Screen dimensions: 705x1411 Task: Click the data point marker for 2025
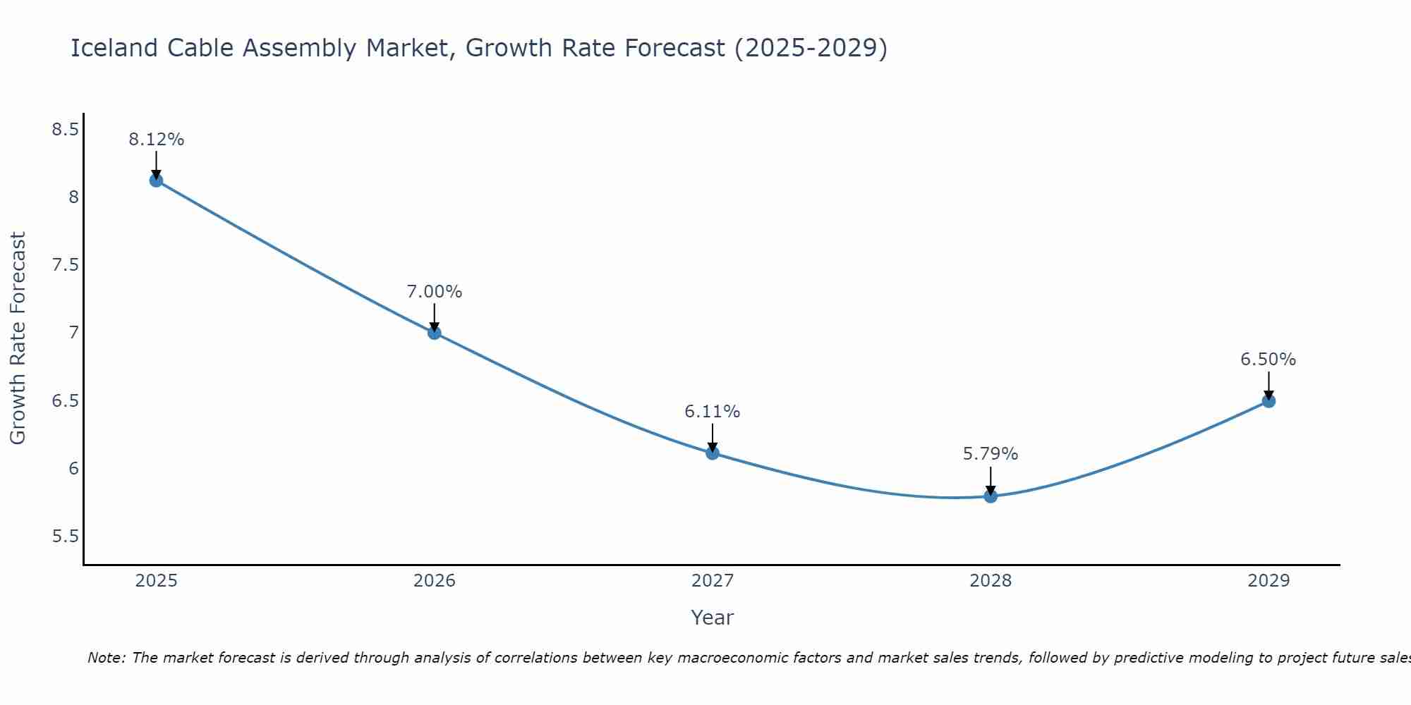[156, 180]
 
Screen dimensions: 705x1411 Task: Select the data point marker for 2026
[435, 333]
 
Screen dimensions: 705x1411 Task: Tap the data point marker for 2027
[713, 453]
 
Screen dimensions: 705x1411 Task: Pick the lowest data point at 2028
[991, 496]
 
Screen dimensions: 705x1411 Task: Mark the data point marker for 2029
[1268, 401]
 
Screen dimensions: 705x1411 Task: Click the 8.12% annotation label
[156, 140]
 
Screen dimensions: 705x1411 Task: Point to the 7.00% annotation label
[435, 292]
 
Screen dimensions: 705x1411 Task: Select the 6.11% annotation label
[713, 412]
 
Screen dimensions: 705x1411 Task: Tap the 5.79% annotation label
[991, 454]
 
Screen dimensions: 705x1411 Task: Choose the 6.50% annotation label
[1268, 360]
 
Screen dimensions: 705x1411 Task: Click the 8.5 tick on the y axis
[65, 130]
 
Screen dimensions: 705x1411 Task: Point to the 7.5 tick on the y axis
[65, 265]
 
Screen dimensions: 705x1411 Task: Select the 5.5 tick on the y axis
[65, 537]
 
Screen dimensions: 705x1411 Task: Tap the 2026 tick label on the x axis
[435, 581]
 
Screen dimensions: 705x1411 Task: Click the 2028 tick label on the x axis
[991, 581]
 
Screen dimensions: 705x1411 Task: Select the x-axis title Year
[713, 618]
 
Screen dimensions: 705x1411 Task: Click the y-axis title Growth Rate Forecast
[18, 338]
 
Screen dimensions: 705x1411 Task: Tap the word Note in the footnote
[106, 658]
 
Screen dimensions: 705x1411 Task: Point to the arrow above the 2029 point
[1268, 385]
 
